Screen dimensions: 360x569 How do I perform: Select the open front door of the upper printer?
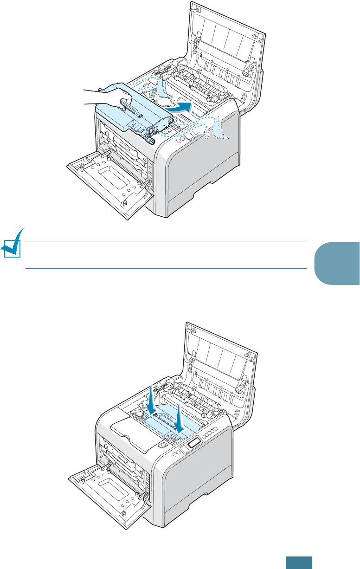click(x=109, y=181)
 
